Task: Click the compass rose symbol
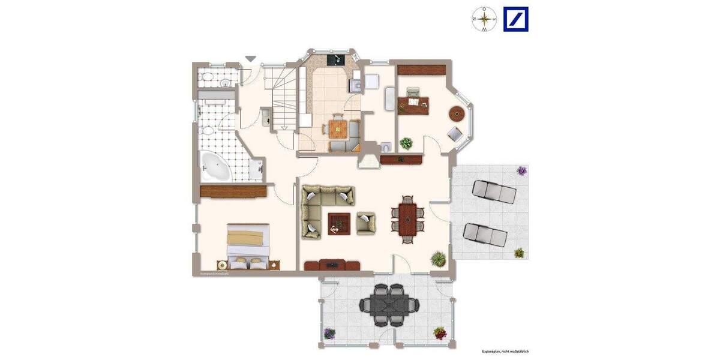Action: (x=484, y=19)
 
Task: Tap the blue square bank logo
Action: (x=515, y=19)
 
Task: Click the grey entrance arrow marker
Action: (x=250, y=58)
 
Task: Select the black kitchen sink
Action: (x=334, y=59)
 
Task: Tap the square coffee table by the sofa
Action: (x=340, y=224)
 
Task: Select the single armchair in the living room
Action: (x=366, y=223)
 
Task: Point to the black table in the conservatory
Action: (x=389, y=305)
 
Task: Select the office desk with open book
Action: (x=414, y=103)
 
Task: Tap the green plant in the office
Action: (x=407, y=143)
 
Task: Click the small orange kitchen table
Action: (x=337, y=128)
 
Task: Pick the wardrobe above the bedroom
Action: (x=233, y=191)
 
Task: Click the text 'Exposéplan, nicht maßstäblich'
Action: (x=504, y=352)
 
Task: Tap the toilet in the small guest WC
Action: (x=385, y=146)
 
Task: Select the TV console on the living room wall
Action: (x=332, y=265)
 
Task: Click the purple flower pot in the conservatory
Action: (x=329, y=334)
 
